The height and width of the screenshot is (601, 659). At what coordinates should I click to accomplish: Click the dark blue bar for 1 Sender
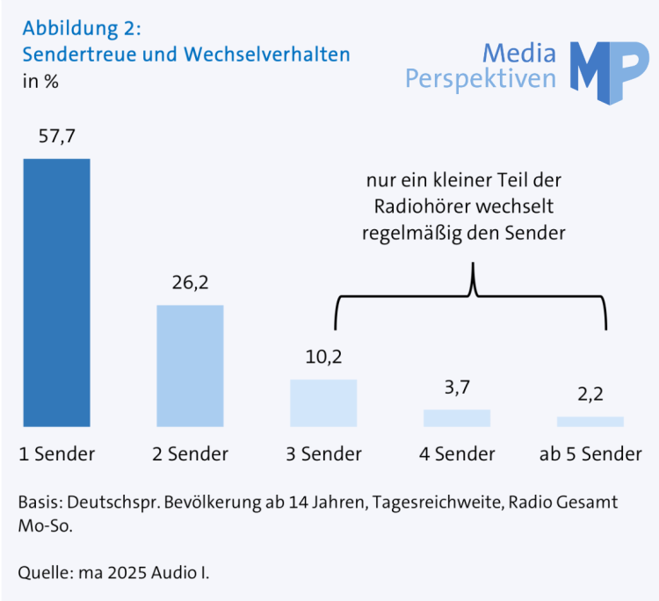pos(56,292)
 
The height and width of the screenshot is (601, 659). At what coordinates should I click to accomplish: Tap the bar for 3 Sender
pos(323,402)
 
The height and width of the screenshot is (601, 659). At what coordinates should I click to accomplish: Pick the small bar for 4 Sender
pos(457,417)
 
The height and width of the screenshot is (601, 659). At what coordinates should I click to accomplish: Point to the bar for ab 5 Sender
pos(590,421)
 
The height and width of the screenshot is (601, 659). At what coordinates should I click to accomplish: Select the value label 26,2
pos(190,283)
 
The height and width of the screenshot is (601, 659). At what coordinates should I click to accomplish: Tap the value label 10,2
pos(323,358)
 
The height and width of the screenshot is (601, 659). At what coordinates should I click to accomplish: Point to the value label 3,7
pos(457,387)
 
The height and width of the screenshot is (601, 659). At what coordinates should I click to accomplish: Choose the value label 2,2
pos(590,395)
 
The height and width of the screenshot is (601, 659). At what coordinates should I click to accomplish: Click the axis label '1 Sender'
pos(56,453)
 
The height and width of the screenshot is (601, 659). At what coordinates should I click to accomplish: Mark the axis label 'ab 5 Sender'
pos(590,453)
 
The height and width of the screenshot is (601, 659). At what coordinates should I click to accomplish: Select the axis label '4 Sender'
pos(457,453)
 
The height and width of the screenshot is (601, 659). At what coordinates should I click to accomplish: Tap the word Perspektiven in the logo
pos(481,79)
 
